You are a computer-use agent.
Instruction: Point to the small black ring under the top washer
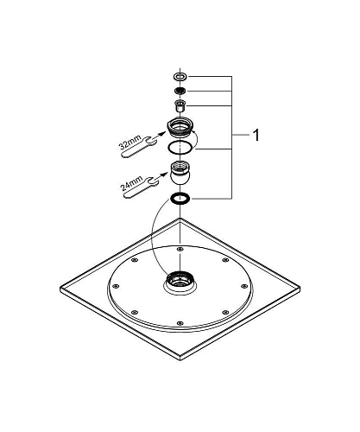click(179, 91)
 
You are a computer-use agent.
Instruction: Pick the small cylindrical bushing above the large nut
click(179, 106)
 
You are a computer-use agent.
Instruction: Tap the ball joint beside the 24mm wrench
click(180, 175)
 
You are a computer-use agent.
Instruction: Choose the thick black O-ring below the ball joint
click(180, 200)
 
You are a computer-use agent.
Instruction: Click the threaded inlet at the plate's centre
click(179, 282)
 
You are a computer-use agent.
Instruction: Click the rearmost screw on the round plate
click(179, 251)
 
